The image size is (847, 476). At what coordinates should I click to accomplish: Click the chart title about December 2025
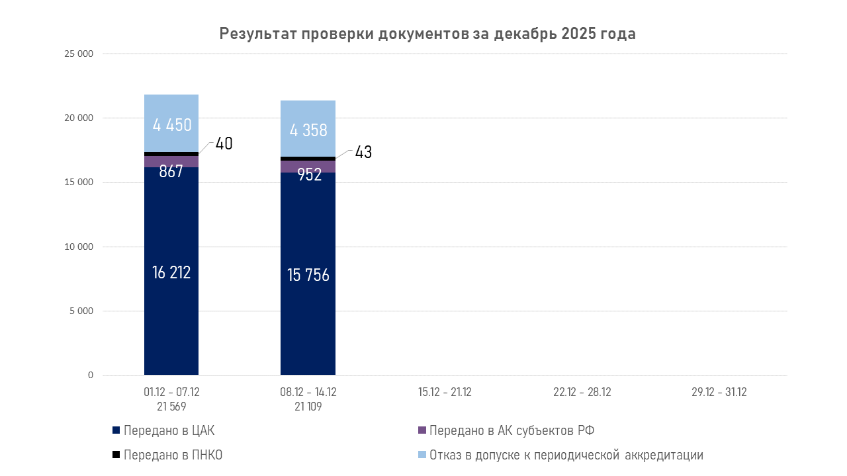point(427,34)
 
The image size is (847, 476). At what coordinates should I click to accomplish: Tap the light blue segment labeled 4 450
point(171,124)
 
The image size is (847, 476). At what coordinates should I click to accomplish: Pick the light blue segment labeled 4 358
point(308,129)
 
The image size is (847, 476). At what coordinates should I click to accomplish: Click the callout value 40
point(224,143)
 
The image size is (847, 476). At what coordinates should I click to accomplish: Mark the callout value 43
point(363,152)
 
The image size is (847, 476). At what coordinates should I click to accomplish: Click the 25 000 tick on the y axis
point(79,54)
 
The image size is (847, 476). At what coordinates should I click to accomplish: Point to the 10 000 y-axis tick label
point(79,247)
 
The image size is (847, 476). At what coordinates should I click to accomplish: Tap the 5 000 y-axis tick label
point(81,311)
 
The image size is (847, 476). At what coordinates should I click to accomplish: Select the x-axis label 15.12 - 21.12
point(445,392)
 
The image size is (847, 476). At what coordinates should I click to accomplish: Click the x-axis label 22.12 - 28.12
point(582,392)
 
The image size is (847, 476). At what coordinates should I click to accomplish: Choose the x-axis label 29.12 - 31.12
point(719,392)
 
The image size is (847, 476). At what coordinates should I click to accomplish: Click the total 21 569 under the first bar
point(171,407)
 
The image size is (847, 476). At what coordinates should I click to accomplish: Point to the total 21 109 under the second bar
point(308,407)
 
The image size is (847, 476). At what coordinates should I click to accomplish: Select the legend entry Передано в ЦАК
point(169,431)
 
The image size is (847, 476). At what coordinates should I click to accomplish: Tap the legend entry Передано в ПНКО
point(172,455)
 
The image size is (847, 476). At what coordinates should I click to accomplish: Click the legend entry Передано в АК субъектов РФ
point(512,431)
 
